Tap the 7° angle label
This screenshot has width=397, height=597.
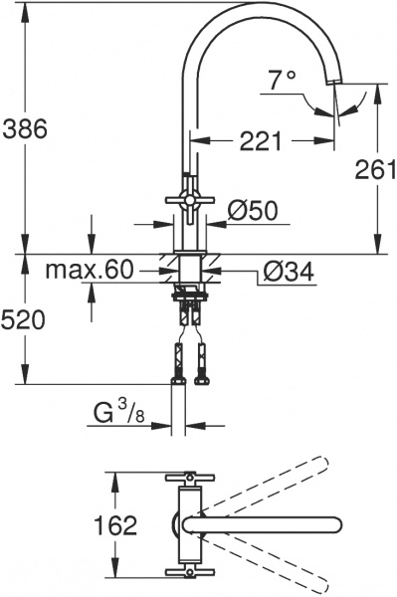[x=283, y=80]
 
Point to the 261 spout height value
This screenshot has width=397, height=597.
[x=375, y=170]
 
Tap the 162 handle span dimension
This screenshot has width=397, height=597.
[x=117, y=525]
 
